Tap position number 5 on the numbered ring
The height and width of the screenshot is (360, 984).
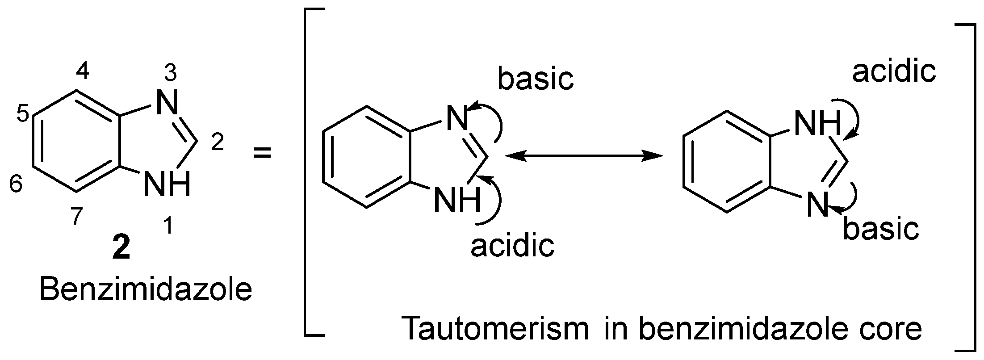(24, 114)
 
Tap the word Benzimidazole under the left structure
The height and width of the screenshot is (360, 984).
(146, 290)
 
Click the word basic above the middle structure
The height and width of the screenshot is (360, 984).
(536, 79)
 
